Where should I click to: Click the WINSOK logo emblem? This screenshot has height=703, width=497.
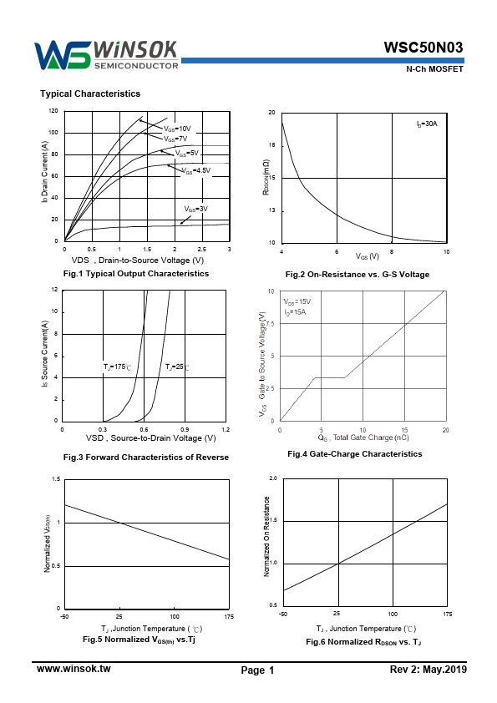point(63,55)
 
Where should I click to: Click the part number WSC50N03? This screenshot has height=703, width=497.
point(423,48)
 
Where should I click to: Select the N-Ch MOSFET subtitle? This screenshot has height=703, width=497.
point(434,69)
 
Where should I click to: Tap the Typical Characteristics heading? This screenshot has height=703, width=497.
point(90,94)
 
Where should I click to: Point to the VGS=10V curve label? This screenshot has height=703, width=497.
point(177,129)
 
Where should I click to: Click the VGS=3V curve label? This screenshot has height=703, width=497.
point(196,209)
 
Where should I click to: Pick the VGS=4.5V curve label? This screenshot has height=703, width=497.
point(196,170)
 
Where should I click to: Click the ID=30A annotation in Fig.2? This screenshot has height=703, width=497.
point(427,124)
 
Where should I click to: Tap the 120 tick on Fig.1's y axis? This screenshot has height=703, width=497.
point(53,111)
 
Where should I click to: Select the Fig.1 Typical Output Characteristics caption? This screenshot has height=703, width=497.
point(136,274)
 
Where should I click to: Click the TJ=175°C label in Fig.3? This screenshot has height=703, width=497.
point(118,367)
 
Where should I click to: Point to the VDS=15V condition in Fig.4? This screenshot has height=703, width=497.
point(297,301)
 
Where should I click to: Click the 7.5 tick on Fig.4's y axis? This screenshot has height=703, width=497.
point(270,324)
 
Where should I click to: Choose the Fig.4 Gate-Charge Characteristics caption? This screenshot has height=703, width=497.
point(355,454)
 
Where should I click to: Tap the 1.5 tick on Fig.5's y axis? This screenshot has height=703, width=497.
point(56,479)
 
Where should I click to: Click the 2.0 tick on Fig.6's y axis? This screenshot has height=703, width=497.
point(273,478)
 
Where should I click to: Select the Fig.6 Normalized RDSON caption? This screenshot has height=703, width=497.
point(363,642)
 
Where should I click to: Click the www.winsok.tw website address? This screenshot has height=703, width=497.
point(74,669)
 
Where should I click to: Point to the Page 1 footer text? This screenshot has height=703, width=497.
point(257,670)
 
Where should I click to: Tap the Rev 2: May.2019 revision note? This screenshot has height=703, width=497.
point(429,670)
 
